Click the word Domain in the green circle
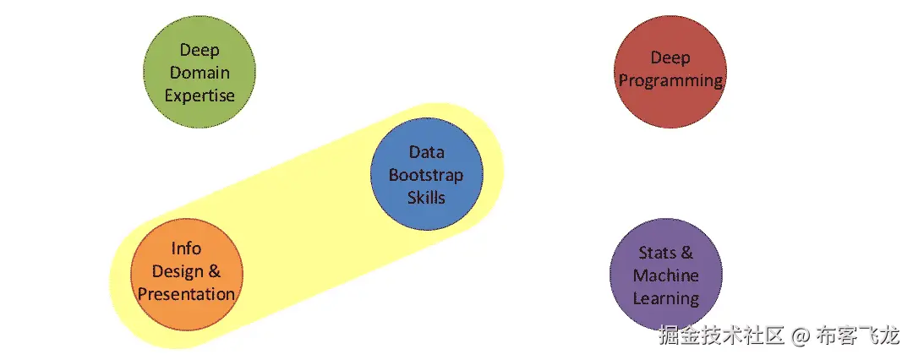pos(200,74)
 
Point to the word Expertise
pos(200,95)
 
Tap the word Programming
pos(670,81)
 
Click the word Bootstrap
pos(426,175)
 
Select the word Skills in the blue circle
pos(426,198)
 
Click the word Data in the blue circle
pos(426,152)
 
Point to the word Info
pos(186,248)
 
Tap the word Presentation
pos(186,294)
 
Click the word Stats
pos(656,253)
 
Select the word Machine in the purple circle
pos(666,275)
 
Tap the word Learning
pos(666,298)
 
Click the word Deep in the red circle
pos(670,58)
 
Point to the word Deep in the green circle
pos(200,51)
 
